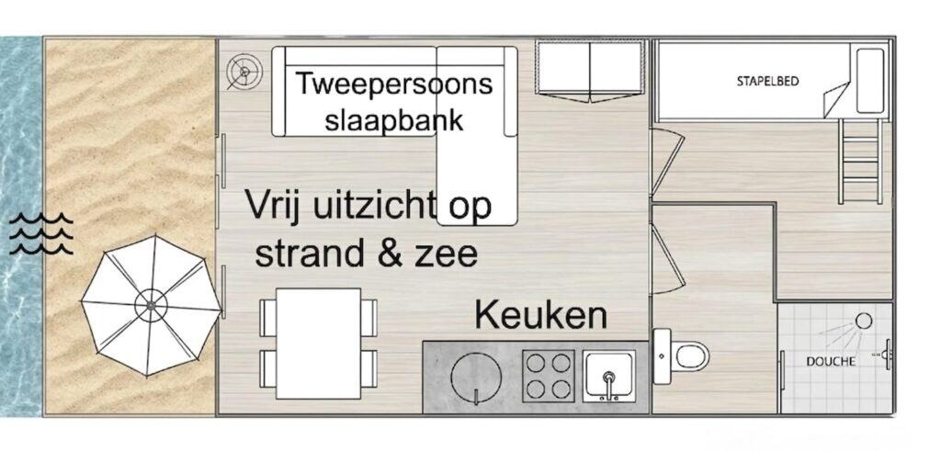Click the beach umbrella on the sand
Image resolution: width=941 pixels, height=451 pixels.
pos(150,306)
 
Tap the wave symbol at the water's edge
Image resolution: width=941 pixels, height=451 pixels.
pos(40,234)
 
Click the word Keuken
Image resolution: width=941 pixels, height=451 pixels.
pos(540,315)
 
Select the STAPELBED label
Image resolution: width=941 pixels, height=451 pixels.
pos(767,81)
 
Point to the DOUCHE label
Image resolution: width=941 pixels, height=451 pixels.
pos(831,362)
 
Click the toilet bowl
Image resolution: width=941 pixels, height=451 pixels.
pos(690,356)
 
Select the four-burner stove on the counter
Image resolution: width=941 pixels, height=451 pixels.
pos(548,376)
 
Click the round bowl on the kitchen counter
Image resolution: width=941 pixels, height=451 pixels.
pos(476,378)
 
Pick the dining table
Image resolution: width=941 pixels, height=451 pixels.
pos(318,344)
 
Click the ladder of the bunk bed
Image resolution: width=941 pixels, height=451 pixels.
pos(860,161)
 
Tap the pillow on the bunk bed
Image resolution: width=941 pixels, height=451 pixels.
pos(869,81)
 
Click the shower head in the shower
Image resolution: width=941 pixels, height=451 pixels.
pos(863,321)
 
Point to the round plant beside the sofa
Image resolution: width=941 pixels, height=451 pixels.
pos(244,72)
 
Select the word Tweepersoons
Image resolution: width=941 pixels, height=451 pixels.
pos(393,84)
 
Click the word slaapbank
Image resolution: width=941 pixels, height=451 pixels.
pos(393,119)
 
